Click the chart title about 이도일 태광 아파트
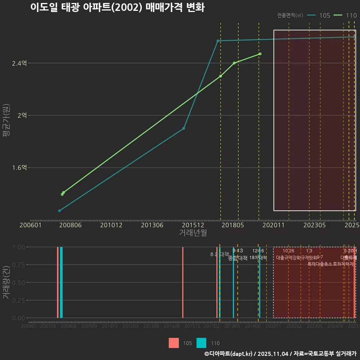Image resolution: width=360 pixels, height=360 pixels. (117, 7)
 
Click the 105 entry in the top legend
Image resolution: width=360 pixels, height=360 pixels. (324, 15)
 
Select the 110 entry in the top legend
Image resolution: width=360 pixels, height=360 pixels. (351, 15)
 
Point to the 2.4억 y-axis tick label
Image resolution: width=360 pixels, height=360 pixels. (19, 63)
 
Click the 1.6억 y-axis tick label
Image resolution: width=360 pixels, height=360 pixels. (19, 168)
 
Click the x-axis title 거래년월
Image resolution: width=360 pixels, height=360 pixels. (193, 232)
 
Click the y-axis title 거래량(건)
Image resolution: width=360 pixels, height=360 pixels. (6, 282)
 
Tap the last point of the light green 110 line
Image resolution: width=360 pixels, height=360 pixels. (260, 54)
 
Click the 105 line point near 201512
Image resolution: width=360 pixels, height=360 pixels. (183, 129)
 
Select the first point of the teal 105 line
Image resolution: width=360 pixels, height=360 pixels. (59, 211)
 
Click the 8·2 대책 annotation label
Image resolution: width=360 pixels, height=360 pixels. (220, 254)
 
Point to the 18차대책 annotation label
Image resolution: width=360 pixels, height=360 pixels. (258, 258)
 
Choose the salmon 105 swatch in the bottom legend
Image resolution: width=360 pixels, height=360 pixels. (174, 343)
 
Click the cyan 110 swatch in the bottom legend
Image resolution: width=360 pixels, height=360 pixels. (201, 343)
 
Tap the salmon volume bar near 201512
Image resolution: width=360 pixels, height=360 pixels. (183, 282)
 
